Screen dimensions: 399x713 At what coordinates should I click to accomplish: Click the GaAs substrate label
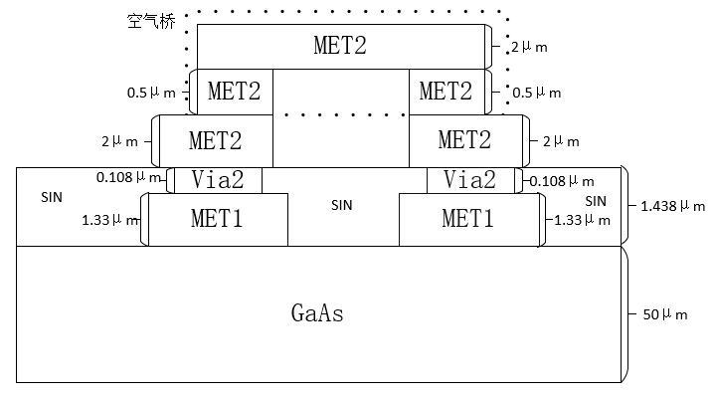(x=318, y=314)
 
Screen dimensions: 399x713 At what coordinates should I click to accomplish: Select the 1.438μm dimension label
(x=667, y=206)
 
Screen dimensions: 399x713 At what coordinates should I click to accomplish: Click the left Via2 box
(x=220, y=179)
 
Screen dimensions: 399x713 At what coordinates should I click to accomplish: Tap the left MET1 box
(x=218, y=219)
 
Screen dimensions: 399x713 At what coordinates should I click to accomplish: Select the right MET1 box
(x=468, y=219)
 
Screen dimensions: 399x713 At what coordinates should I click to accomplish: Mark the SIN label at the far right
(x=596, y=201)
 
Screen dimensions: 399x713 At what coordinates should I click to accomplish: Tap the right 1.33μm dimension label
(x=577, y=219)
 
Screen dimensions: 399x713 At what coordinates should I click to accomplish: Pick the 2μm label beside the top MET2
(x=529, y=47)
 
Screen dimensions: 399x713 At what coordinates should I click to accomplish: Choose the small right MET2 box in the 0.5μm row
(x=446, y=92)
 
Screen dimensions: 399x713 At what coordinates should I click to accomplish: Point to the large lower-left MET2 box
(x=216, y=140)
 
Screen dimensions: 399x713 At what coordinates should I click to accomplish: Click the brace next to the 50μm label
(x=625, y=314)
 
